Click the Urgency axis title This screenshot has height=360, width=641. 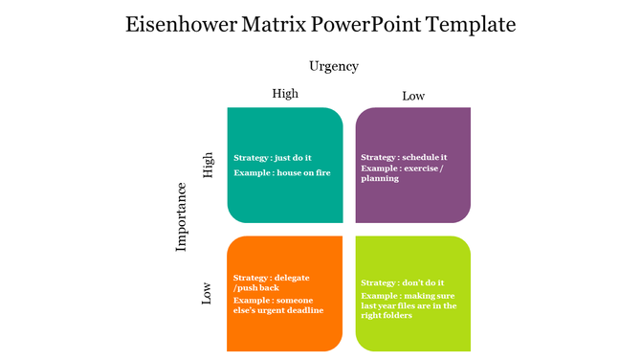point(333,66)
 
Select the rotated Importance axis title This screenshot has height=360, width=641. point(182,216)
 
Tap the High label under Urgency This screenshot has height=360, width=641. point(285,94)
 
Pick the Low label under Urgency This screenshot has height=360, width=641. point(413,96)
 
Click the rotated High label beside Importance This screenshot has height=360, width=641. point(208,165)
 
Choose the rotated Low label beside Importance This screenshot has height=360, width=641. point(207,292)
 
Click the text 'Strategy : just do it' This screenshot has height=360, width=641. point(273,158)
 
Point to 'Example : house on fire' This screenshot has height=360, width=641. point(282,173)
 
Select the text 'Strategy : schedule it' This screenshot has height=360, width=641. point(404,157)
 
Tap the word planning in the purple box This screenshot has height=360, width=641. point(380,179)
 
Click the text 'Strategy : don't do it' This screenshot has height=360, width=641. point(402,283)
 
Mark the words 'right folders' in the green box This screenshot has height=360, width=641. point(387,316)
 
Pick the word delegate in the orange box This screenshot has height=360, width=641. point(292,277)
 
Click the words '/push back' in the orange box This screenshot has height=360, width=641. point(256,287)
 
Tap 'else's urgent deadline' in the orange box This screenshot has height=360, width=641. point(278,310)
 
